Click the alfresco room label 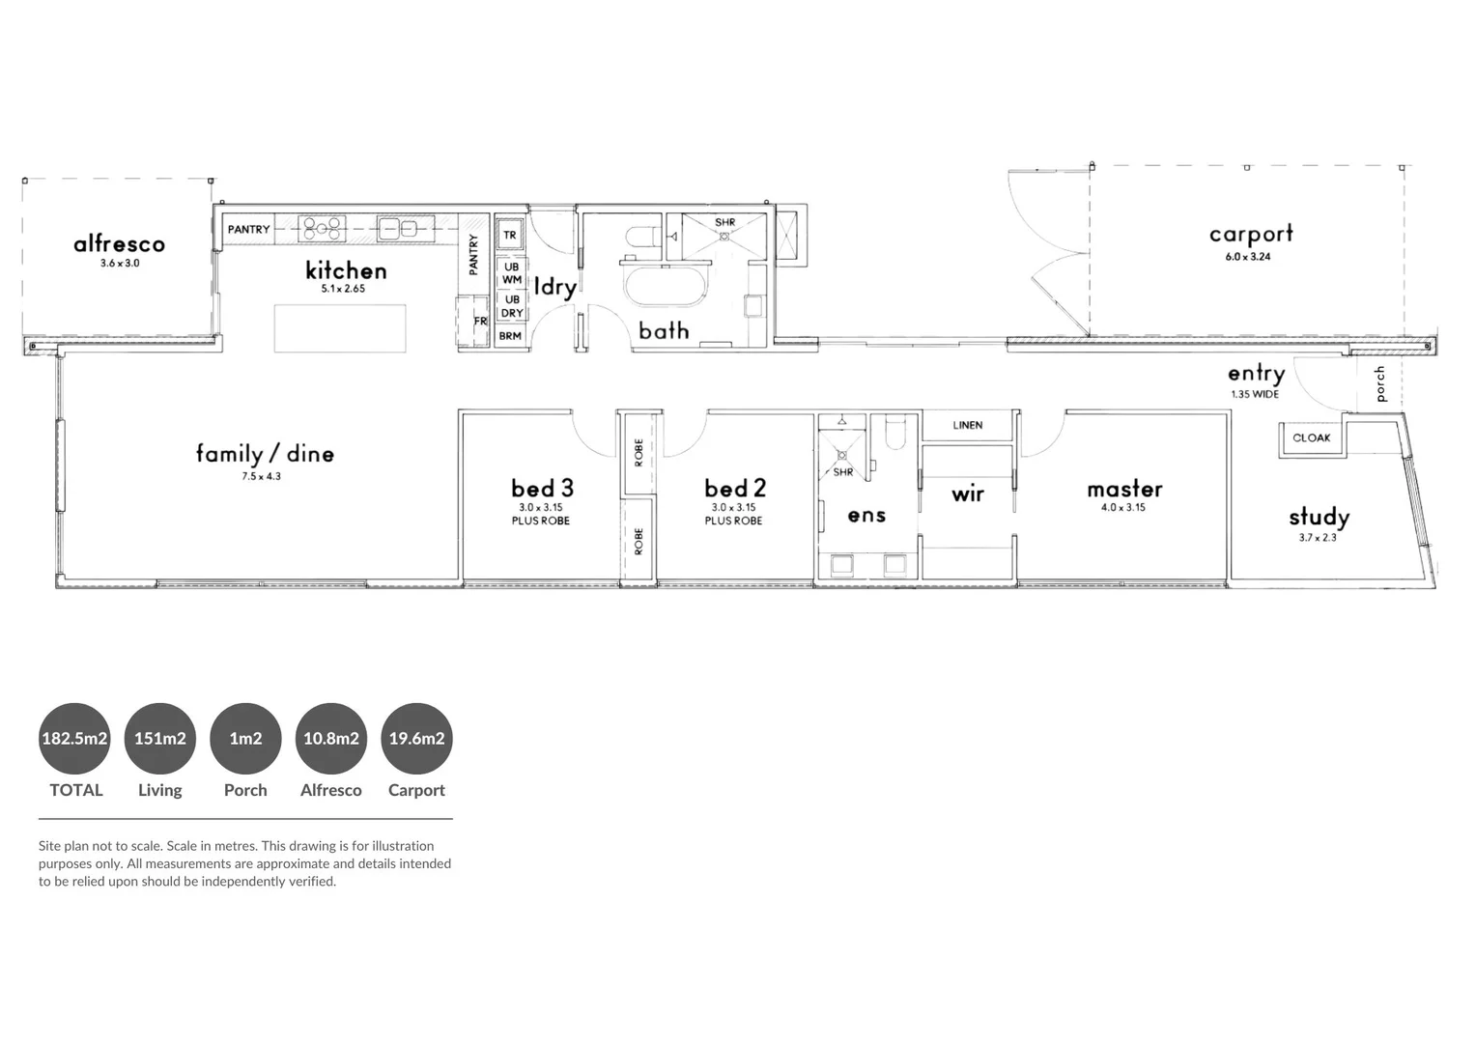click(x=119, y=244)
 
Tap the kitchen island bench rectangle click(x=340, y=328)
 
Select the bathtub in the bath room click(x=667, y=288)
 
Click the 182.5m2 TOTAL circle click(x=74, y=739)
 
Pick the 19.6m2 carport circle click(x=416, y=739)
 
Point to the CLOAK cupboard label click(x=1311, y=438)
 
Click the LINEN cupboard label click(x=967, y=425)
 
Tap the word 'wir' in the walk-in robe click(x=967, y=494)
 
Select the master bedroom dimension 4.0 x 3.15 click(x=1123, y=507)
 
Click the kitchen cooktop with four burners click(x=322, y=229)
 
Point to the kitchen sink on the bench click(x=397, y=229)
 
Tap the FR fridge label click(x=480, y=322)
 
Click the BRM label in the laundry click(x=510, y=336)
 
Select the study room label click(x=1319, y=518)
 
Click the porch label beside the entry click(x=1380, y=383)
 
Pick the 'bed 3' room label click(x=542, y=489)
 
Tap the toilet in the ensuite click(x=894, y=433)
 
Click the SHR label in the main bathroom click(x=724, y=223)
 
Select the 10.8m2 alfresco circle click(x=331, y=739)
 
